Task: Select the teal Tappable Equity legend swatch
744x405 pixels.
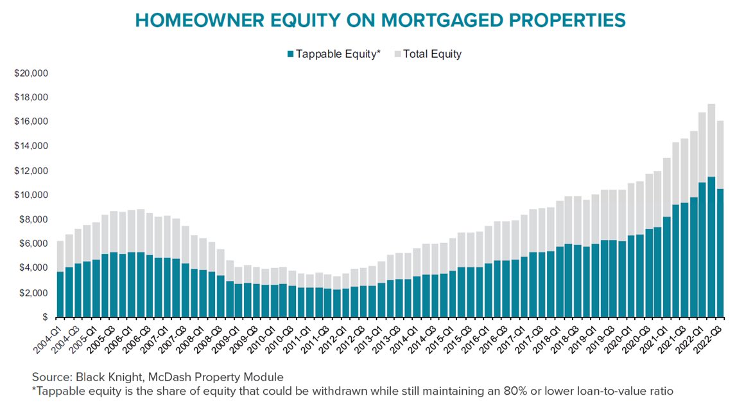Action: pyautogui.click(x=289, y=54)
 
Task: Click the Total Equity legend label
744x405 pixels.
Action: pyautogui.click(x=432, y=54)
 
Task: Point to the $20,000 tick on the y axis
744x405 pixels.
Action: pyautogui.click(x=31, y=73)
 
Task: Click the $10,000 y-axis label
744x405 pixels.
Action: pyautogui.click(x=31, y=195)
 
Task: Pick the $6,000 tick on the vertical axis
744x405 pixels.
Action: pyautogui.click(x=33, y=244)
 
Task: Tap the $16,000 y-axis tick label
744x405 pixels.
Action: pyautogui.click(x=31, y=122)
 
